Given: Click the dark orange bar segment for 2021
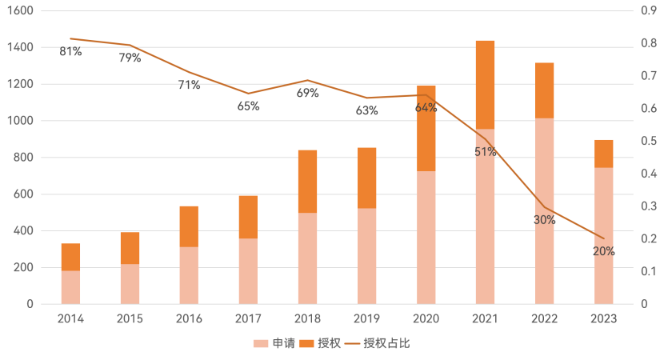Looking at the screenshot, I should pyautogui.click(x=485, y=84).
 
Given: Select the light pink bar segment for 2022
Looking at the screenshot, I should pyautogui.click(x=544, y=211).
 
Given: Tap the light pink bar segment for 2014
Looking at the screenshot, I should pyautogui.click(x=71, y=287).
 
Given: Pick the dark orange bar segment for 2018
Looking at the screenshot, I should pyautogui.click(x=308, y=181).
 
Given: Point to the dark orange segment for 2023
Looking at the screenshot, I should pyautogui.click(x=604, y=154).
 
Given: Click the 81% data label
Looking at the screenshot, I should pyautogui.click(x=70, y=52).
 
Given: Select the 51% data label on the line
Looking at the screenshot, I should pyautogui.click(x=486, y=152).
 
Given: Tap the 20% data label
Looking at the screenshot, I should pyautogui.click(x=604, y=251).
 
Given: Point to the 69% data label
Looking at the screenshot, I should pyautogui.click(x=308, y=93).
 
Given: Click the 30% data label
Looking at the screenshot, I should pyautogui.click(x=545, y=219).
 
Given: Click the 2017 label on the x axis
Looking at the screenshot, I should pyautogui.click(x=249, y=318).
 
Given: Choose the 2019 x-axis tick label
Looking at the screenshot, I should pyautogui.click(x=367, y=318).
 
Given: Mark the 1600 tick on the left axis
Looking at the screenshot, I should pyautogui.click(x=22, y=11).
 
